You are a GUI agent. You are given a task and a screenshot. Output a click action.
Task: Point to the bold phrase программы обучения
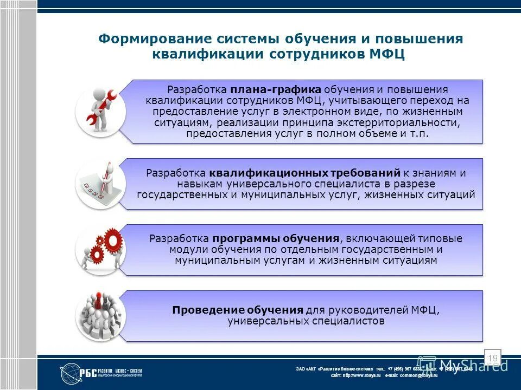(x=276, y=239)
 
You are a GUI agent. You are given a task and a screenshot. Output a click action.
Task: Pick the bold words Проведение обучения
(x=237, y=310)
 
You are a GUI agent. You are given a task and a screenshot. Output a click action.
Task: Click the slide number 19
(x=493, y=358)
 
